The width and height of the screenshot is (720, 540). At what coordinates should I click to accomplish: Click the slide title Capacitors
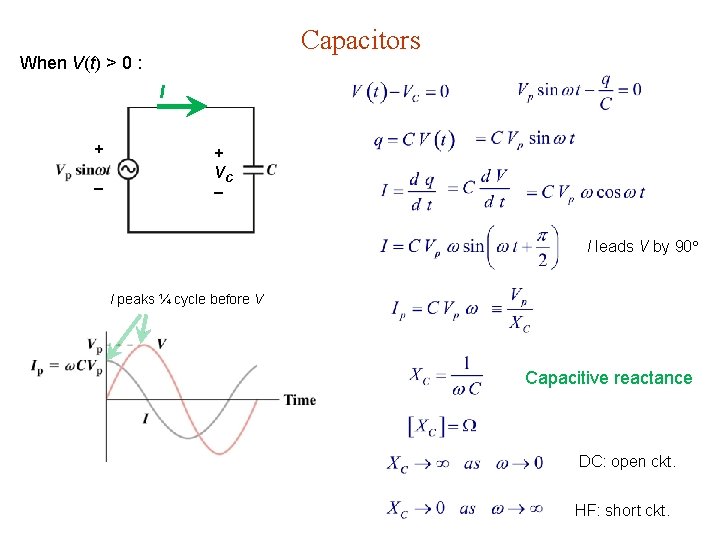pos(361,41)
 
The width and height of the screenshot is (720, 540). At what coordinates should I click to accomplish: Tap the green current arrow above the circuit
pos(181,104)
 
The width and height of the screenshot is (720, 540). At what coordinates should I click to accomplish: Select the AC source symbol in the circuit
pos(128,170)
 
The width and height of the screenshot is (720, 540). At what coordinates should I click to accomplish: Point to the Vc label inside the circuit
pos(223,172)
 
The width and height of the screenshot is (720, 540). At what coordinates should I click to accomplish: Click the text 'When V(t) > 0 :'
pos(82,63)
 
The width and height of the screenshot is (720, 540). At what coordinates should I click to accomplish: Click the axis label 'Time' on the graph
pos(299,400)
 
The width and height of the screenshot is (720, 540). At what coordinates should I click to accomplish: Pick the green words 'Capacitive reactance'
pos(608,378)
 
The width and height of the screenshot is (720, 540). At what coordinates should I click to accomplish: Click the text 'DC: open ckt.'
pos(627,462)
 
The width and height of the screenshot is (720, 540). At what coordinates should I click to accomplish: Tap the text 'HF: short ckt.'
pos(622,510)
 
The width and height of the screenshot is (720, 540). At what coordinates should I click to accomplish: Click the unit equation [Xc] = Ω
pos(442,425)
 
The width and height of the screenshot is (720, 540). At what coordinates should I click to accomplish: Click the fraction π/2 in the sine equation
pos(541,246)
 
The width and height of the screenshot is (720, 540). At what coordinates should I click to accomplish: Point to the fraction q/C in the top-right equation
pos(606,91)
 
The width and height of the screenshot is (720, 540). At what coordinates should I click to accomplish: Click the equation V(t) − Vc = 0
pos(400,92)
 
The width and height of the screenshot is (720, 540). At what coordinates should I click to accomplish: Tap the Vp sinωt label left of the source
pos(83,170)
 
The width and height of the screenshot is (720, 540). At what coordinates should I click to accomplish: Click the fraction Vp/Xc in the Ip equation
pos(519,309)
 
